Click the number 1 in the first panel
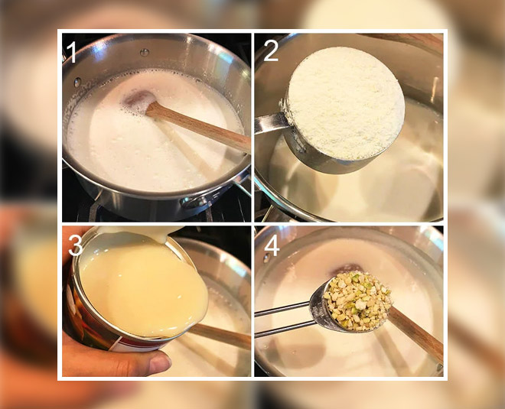pyautogui.click(x=71, y=53)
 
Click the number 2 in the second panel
pyautogui.click(x=271, y=51)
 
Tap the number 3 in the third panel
pyautogui.click(x=76, y=246)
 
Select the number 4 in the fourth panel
pyautogui.click(x=272, y=246)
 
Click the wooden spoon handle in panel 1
pyautogui.click(x=198, y=126)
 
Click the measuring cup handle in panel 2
pyautogui.click(x=269, y=123)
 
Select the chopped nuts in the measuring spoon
pyautogui.click(x=357, y=301)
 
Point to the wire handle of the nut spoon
pyautogui.click(x=283, y=318)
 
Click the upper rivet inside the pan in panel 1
pyautogui.click(x=145, y=52)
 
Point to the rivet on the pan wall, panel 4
pyautogui.click(x=267, y=258)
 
